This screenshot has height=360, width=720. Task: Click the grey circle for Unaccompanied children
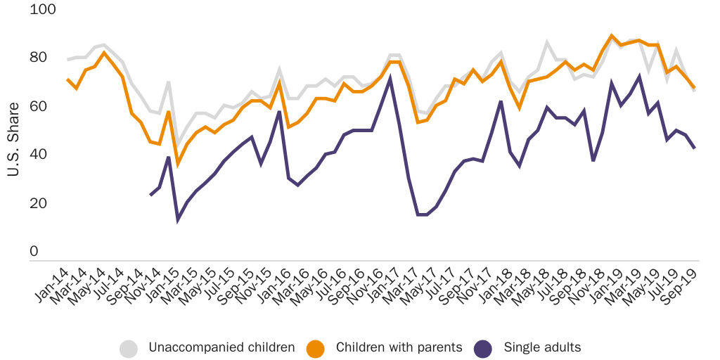click(x=129, y=347)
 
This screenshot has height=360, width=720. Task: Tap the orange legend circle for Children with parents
click(x=316, y=347)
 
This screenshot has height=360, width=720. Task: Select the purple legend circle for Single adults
click(x=484, y=347)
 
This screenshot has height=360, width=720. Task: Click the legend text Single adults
click(x=542, y=347)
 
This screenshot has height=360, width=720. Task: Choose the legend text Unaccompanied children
click(x=221, y=347)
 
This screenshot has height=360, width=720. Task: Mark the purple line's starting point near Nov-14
click(x=150, y=195)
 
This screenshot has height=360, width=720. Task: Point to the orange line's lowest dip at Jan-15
click(x=178, y=165)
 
